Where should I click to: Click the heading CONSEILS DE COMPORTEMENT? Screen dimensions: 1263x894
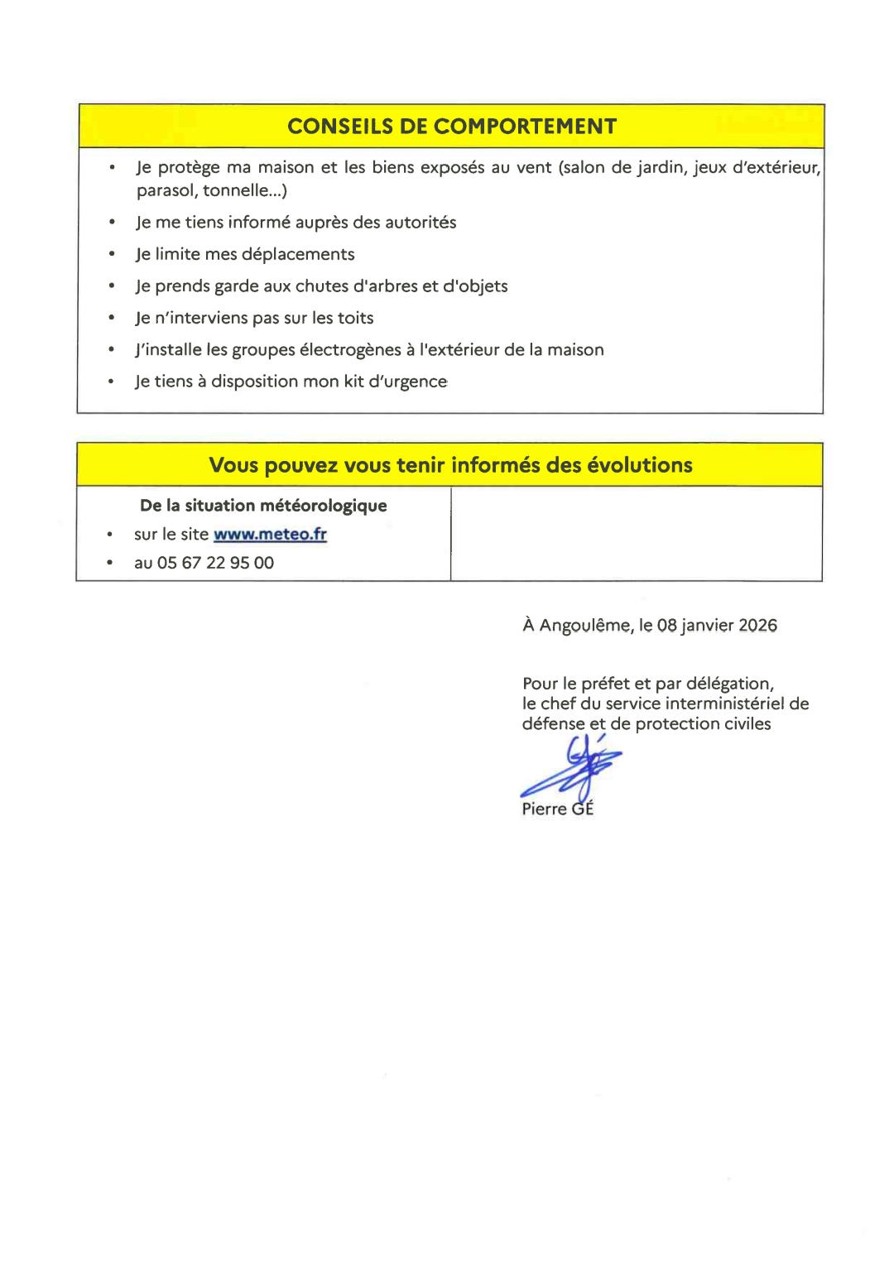pyautogui.click(x=452, y=127)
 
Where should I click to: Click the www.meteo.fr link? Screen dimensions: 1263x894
pyautogui.click(x=270, y=535)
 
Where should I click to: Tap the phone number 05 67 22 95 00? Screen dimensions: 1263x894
pyautogui.click(x=215, y=563)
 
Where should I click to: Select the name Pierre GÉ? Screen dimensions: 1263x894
pyautogui.click(x=557, y=809)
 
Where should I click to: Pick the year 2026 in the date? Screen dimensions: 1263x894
pyautogui.click(x=757, y=626)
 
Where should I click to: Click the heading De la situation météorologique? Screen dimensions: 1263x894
pyautogui.click(x=263, y=506)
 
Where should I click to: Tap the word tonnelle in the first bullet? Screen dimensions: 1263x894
pyautogui.click(x=236, y=190)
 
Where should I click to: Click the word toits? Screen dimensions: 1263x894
pyautogui.click(x=356, y=318)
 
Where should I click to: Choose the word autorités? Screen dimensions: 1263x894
pyautogui.click(x=421, y=223)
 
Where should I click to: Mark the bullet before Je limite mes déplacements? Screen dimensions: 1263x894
pyautogui.click(x=111, y=254)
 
